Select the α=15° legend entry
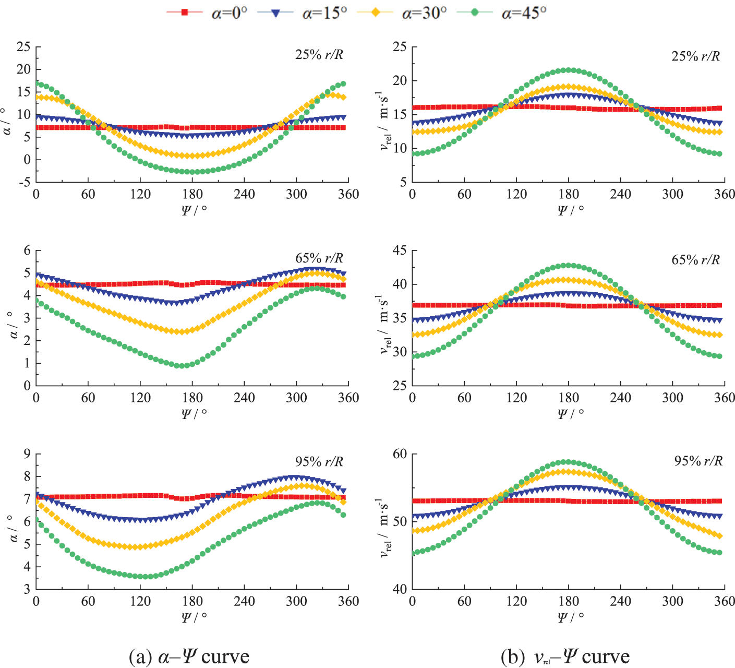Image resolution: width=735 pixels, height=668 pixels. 303,13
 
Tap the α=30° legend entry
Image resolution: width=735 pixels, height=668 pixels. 402,13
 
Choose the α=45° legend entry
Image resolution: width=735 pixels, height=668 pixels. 501,13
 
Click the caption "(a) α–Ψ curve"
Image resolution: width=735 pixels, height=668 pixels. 189,656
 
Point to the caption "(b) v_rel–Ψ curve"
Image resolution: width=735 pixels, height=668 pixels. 565,656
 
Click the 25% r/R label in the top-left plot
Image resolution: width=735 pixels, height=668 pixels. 319,54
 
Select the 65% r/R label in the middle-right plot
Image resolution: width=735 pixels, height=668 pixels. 695,259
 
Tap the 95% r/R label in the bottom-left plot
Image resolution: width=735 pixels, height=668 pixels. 319,461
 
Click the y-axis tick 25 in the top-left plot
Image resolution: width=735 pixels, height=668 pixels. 23,47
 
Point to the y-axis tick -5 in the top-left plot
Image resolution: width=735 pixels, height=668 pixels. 23,182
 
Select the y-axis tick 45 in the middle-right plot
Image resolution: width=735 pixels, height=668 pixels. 400,250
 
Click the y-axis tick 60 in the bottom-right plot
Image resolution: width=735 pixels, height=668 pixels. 400,454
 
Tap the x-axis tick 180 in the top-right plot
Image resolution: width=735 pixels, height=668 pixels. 569,195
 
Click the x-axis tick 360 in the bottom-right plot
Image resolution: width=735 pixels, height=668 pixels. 725,602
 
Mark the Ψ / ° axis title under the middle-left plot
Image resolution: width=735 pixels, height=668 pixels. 194,413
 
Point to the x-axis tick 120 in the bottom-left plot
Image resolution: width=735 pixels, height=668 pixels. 140,602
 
